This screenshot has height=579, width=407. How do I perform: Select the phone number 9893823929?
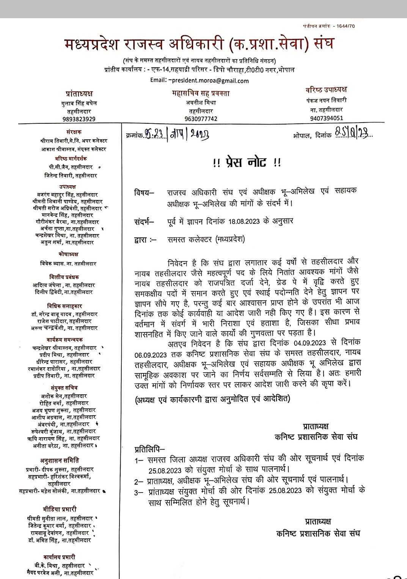[x=79, y=119]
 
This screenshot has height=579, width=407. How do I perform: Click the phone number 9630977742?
[x=201, y=119]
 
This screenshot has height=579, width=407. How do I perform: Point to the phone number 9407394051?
[x=326, y=118]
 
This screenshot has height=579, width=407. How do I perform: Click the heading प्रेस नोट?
[x=247, y=163]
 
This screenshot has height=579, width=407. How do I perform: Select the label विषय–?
[x=144, y=193]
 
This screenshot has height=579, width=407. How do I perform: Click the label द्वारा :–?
[x=145, y=239]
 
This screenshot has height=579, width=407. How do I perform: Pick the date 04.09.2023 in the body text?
[x=310, y=343]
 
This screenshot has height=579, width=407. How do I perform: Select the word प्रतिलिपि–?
[x=149, y=450]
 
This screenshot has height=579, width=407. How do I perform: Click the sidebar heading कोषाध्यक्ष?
[x=68, y=254]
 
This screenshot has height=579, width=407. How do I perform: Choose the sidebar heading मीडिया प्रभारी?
[x=60, y=509]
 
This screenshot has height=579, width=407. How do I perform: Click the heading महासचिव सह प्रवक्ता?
[x=201, y=93]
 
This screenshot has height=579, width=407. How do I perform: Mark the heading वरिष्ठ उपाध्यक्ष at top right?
[x=326, y=90]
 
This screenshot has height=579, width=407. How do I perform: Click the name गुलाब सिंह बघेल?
[x=79, y=103]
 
